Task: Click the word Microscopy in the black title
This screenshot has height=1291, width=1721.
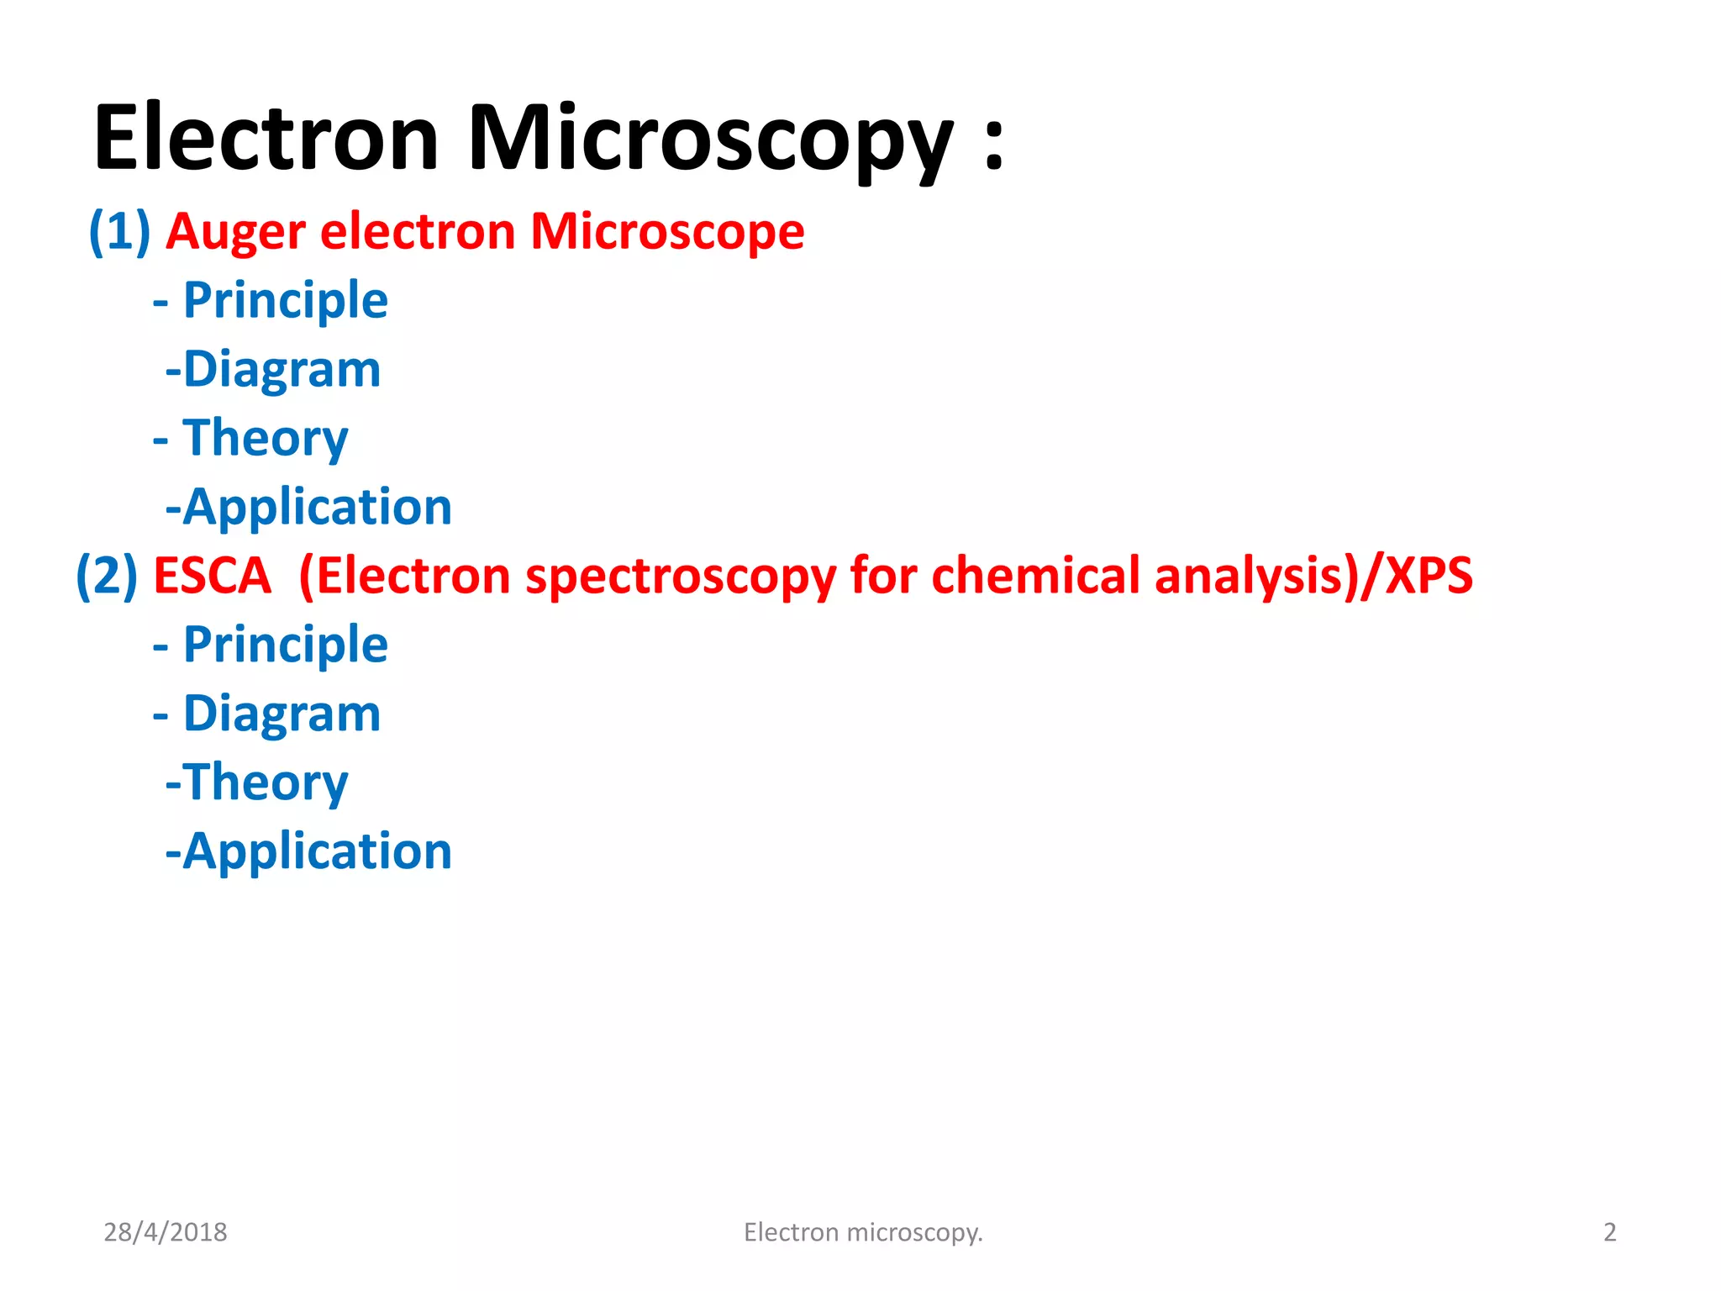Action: pyautogui.click(x=710, y=139)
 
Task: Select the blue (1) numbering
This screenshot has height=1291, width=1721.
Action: pyautogui.click(x=120, y=231)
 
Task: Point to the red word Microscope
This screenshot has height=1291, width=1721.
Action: pyautogui.click(x=667, y=231)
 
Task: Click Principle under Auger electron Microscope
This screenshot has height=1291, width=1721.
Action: pyautogui.click(x=285, y=300)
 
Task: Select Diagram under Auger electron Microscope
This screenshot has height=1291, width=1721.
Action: pyautogui.click(x=282, y=370)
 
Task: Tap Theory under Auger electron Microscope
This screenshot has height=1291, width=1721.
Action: pyautogui.click(x=265, y=438)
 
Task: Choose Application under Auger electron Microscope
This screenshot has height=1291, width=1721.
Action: pyautogui.click(x=317, y=507)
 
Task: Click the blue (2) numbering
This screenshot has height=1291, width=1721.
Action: pyautogui.click(x=107, y=576)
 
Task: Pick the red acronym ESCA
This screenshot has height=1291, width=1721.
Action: pyautogui.click(x=212, y=576)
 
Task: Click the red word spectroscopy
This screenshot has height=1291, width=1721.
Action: pyautogui.click(x=680, y=577)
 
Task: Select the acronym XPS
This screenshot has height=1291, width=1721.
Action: pyautogui.click(x=1429, y=576)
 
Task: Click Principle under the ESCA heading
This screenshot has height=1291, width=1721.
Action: pyautogui.click(x=285, y=645)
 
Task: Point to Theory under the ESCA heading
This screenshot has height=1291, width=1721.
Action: pyautogui.click(x=265, y=783)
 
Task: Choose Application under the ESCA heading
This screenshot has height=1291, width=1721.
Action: pyautogui.click(x=317, y=851)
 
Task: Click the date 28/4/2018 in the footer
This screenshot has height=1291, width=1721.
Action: pyautogui.click(x=166, y=1232)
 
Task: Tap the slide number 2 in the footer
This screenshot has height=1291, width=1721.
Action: pyautogui.click(x=1610, y=1232)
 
